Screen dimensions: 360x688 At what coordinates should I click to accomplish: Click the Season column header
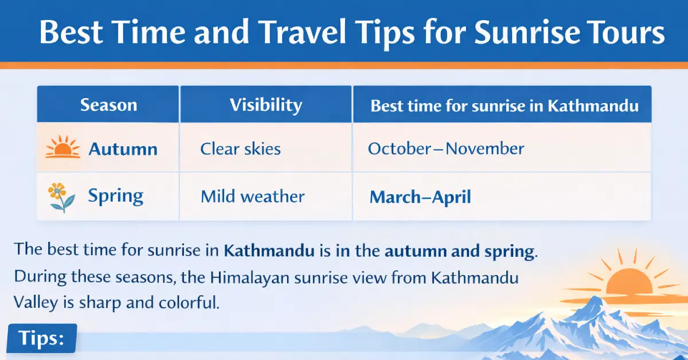108,105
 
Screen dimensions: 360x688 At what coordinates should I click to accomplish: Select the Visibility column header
265,105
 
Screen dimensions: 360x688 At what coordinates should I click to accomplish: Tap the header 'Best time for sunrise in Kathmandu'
505,106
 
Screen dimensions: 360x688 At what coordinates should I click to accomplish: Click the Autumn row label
123,150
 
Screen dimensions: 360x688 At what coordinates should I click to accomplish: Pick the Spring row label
115,197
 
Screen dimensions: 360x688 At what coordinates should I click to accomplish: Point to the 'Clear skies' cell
240,150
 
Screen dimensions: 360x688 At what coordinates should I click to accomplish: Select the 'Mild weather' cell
252,197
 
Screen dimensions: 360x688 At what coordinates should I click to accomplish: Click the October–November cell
445,149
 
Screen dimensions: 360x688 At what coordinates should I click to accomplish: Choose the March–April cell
420,198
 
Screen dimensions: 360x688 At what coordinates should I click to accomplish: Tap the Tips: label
41,338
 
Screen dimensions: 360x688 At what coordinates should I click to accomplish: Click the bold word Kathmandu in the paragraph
268,251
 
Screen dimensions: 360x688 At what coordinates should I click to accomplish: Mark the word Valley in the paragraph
37,303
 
